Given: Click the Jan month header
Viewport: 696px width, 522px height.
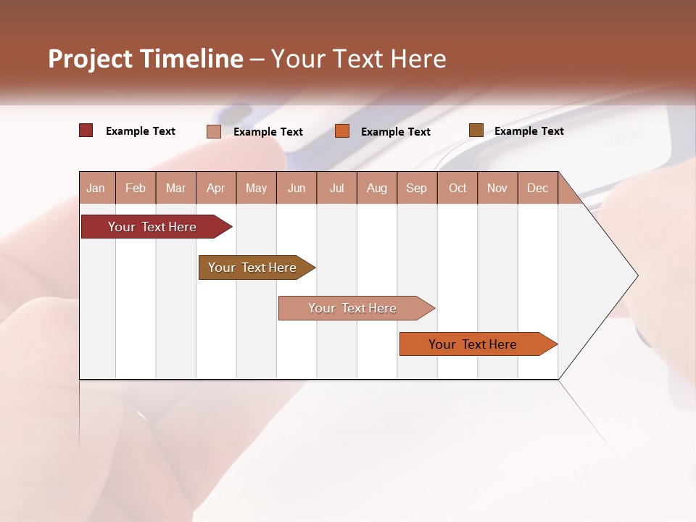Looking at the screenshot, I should point(96,188).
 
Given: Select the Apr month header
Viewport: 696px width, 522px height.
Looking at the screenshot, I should point(215,188).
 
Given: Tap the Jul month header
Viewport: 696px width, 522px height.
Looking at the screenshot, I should point(336,188).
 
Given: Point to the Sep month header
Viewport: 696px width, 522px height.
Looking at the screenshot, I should point(416,188).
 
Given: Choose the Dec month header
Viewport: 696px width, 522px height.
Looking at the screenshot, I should point(537,188).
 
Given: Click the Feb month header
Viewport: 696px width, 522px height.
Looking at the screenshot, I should point(136,188).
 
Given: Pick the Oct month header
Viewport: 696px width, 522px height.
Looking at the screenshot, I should point(457,188).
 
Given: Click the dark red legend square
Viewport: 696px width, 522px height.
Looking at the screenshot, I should point(86,130).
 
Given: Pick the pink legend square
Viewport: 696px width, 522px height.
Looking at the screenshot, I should point(214,131).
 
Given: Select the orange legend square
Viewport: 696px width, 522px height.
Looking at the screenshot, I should point(342,131).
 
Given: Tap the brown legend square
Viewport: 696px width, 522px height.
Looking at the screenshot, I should point(476,130).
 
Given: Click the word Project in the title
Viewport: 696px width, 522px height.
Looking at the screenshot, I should point(91,59).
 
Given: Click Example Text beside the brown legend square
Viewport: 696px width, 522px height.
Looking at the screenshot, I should point(529,131).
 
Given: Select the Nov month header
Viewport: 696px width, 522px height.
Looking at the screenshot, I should point(497,188).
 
